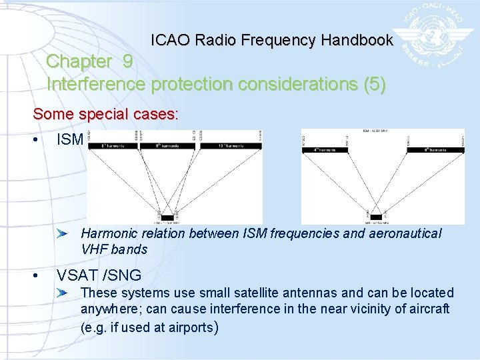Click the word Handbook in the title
click(357, 40)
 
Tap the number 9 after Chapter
click(127, 61)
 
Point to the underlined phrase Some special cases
click(105, 114)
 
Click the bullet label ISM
click(70, 139)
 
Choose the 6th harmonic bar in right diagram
click(435, 150)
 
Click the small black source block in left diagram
click(167, 217)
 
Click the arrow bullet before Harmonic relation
click(62, 234)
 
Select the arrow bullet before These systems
click(62, 293)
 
